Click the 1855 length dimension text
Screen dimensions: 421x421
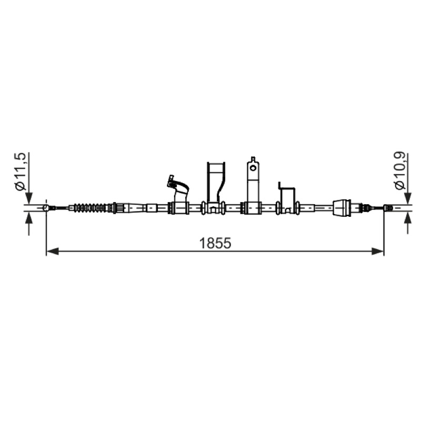tap(215, 244)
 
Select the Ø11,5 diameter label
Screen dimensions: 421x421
tap(21, 172)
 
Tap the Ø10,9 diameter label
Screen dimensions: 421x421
tap(400, 171)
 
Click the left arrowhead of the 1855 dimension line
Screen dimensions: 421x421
tap(53, 252)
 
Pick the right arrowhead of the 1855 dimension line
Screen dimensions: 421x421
tap(377, 252)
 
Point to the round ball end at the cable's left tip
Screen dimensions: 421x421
tap(46, 208)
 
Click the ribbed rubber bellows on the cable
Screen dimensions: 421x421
tap(91, 208)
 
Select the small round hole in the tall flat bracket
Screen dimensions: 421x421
tap(253, 168)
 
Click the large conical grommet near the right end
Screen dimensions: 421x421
tap(342, 207)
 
